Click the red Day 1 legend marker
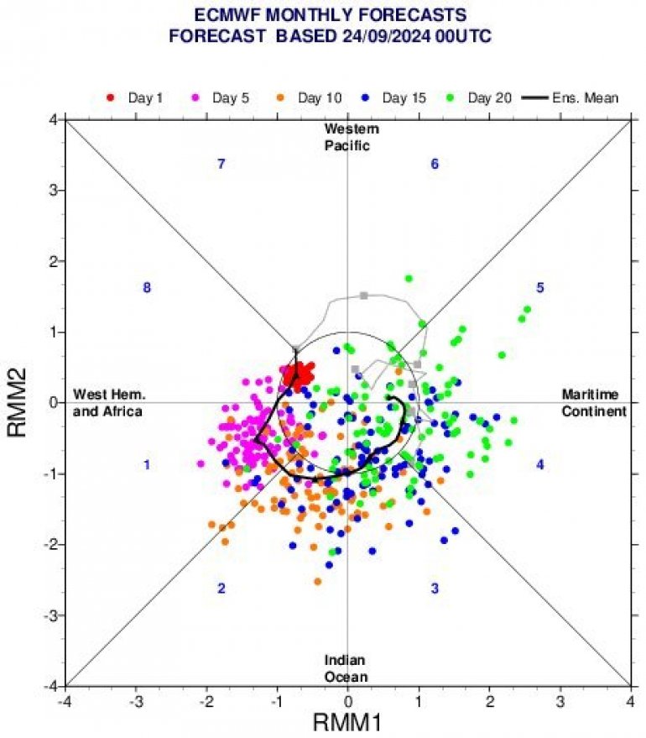click(111, 98)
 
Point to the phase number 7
click(221, 165)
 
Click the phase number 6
click(435, 165)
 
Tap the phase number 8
click(147, 289)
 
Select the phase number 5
click(540, 289)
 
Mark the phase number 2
click(221, 589)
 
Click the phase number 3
click(435, 589)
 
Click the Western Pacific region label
click(352, 137)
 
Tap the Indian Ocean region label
click(347, 669)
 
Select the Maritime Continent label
click(594, 403)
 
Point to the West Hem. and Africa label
click(108, 403)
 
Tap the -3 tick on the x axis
click(135, 700)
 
